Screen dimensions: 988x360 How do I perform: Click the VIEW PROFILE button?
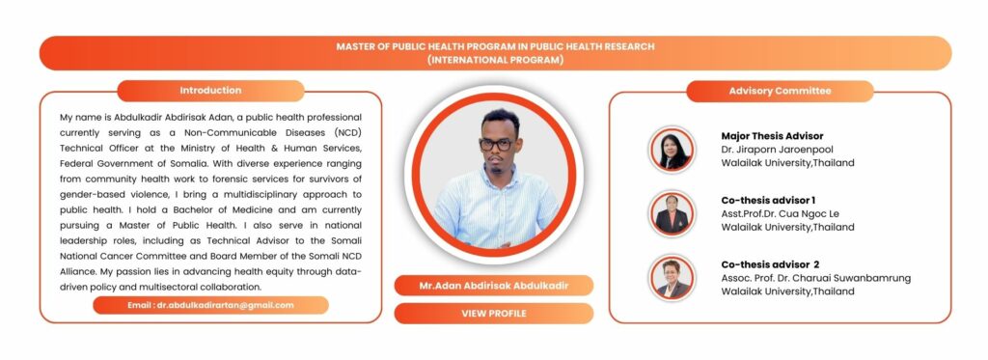tap(494, 314)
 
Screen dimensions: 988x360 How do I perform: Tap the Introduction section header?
tap(210, 91)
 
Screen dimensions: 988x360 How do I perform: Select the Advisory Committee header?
tap(780, 91)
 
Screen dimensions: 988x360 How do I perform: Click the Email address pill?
tap(210, 305)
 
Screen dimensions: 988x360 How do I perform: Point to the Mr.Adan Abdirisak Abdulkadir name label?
tap(494, 286)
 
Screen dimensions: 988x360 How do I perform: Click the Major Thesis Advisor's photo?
tap(672, 150)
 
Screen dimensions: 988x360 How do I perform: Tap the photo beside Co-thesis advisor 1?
tap(672, 213)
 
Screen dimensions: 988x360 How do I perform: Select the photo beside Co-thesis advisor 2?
tap(672, 278)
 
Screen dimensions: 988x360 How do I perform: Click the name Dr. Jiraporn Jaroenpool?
tap(779, 150)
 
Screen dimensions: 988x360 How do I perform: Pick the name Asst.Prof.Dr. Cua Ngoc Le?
tap(780, 213)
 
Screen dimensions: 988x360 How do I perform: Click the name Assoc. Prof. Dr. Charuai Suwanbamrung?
tap(816, 278)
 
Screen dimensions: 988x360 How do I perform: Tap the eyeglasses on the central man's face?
tap(495, 145)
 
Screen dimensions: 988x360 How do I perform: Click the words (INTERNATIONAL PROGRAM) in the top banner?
tap(495, 61)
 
